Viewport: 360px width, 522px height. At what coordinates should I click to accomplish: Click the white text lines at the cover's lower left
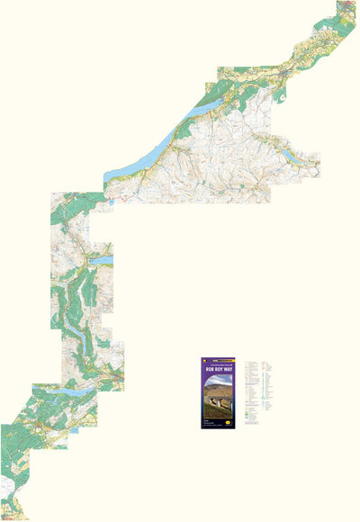211,421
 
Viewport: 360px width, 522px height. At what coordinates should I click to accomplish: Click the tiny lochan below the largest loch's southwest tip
111,202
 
